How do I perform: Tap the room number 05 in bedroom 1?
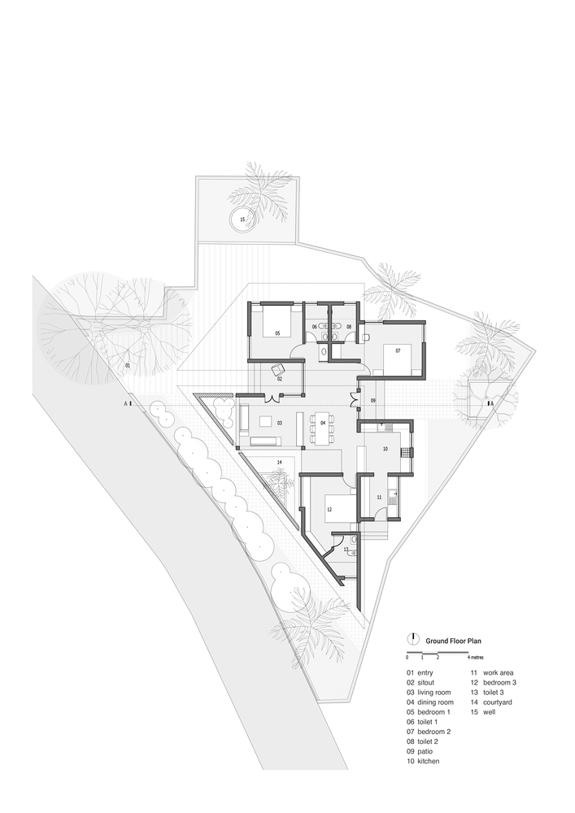pos(277,333)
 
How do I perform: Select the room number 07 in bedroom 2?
pos(399,350)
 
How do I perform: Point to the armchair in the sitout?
pos(278,370)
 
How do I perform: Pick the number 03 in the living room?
pos(280,423)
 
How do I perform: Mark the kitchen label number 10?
pos(386,449)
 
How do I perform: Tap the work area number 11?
pos(379,498)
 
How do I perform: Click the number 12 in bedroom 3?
pos(329,509)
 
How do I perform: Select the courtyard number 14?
pos(279,462)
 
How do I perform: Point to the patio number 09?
pos(372,400)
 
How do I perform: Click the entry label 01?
pos(128,366)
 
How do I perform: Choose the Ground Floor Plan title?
pos(453,641)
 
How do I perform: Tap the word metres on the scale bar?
pos(477,658)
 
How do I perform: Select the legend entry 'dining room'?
pos(436,702)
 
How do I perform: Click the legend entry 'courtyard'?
pos(498,702)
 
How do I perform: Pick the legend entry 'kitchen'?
pos(429,761)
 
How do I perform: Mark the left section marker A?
pos(125,403)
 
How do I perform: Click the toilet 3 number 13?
pos(346,549)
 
